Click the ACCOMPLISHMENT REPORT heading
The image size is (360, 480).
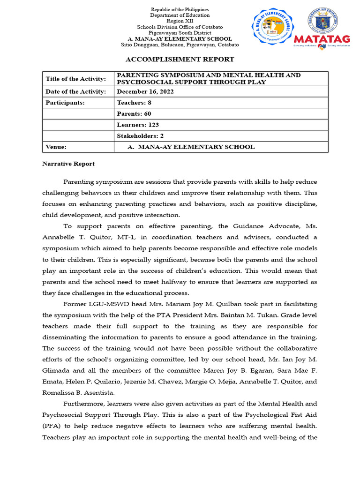click(180, 59)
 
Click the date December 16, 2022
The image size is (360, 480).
click(145, 91)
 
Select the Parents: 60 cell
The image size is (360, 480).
click(134, 113)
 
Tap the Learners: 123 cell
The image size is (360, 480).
click(137, 125)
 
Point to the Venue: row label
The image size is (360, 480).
click(56, 147)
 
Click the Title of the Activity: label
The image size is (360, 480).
click(75, 79)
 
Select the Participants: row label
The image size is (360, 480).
click(65, 103)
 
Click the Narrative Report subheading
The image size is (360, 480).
click(68, 164)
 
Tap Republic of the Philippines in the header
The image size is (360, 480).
click(180, 9)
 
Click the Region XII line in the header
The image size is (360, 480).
click(180, 21)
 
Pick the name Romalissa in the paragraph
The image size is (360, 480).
click(60, 392)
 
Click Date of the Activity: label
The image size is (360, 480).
click(76, 91)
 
